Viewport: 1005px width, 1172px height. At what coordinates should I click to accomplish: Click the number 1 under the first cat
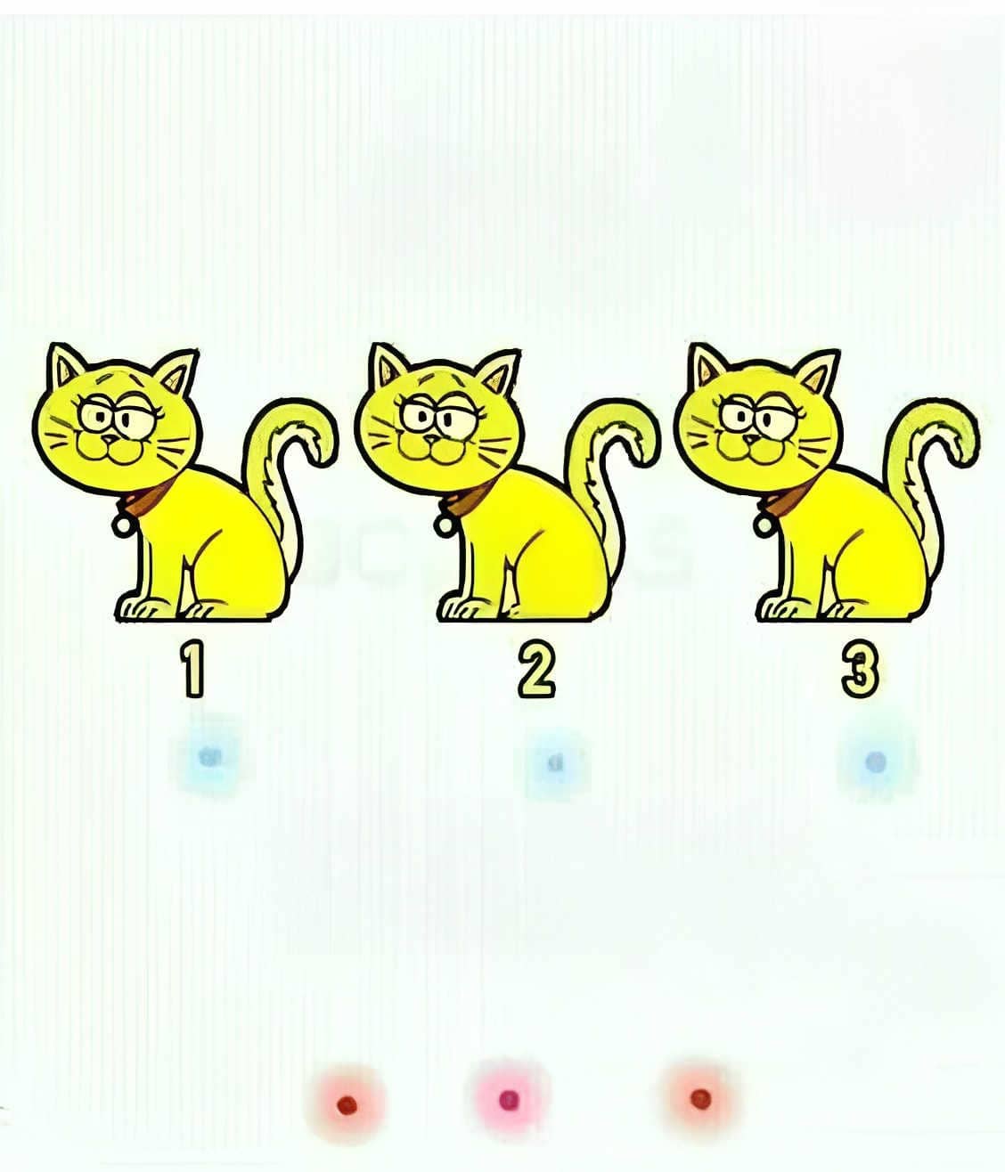click(192, 669)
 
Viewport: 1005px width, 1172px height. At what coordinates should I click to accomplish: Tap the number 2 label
click(535, 669)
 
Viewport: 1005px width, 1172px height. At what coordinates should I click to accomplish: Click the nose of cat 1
click(109, 438)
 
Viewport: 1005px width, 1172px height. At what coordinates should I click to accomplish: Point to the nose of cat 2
click(431, 439)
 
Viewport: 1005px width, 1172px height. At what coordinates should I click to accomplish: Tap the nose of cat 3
click(751, 439)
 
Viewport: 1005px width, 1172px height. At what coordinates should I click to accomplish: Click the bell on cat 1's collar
click(122, 525)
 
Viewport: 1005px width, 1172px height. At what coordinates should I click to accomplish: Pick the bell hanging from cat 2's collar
click(445, 525)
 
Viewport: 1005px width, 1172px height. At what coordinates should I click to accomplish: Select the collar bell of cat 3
click(764, 525)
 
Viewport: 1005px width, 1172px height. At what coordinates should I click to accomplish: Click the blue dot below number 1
click(208, 757)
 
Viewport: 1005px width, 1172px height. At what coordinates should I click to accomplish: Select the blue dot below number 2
click(555, 762)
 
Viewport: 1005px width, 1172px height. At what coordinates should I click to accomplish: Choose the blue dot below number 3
click(875, 762)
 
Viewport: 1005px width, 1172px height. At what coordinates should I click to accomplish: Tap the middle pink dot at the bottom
click(509, 1100)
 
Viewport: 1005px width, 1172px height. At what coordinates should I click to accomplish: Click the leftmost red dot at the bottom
click(347, 1104)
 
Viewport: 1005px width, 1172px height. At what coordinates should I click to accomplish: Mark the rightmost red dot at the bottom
click(700, 1099)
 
